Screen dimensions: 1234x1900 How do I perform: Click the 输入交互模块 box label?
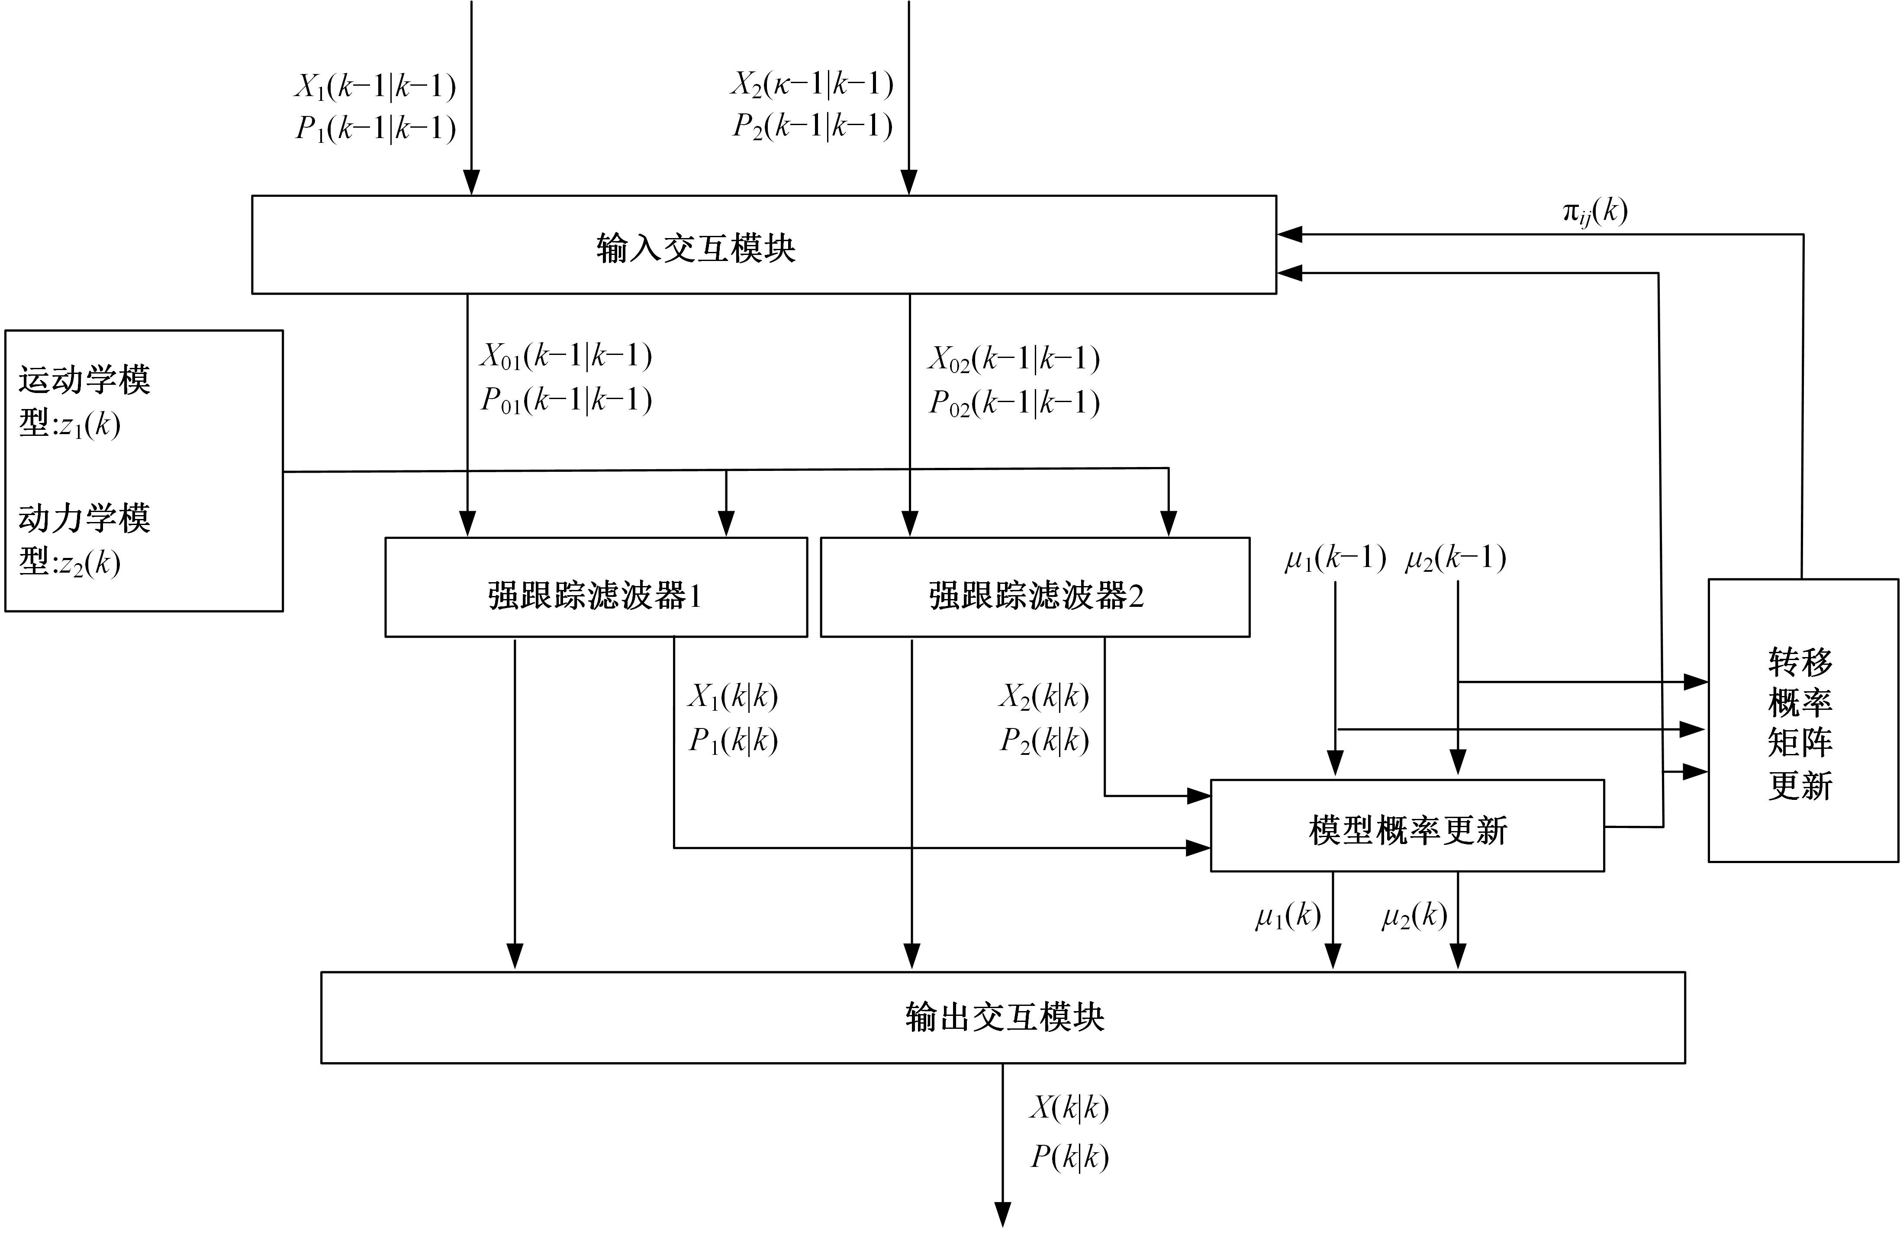(x=696, y=248)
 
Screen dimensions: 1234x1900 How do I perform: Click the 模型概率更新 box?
(x=1407, y=830)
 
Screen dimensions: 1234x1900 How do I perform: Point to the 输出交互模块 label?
(x=1004, y=1017)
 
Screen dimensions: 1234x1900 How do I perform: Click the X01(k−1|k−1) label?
(x=565, y=356)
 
